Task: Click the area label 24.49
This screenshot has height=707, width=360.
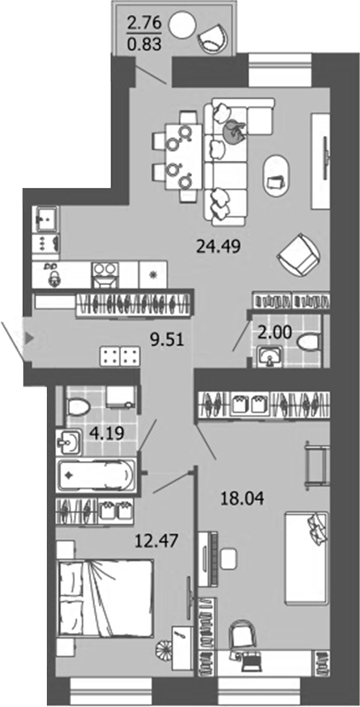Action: pyautogui.click(x=214, y=247)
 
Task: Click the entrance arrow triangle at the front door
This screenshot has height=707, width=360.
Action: pyautogui.click(x=28, y=338)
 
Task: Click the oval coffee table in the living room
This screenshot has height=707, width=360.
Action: pyautogui.click(x=275, y=175)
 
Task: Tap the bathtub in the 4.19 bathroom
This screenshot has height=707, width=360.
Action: pyautogui.click(x=96, y=477)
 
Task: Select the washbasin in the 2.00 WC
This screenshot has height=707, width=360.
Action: pyautogui.click(x=270, y=356)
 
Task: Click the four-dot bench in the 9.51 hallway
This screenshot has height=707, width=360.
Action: pyautogui.click(x=120, y=356)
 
